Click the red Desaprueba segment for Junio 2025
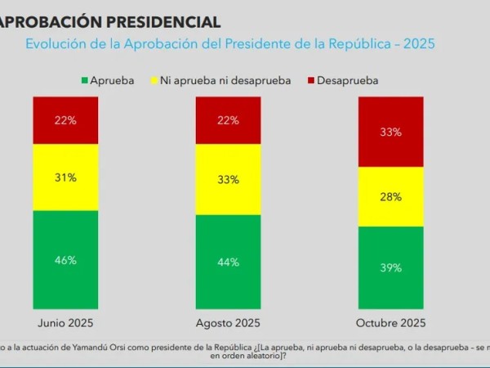click(66, 120)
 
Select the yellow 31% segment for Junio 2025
click(66, 177)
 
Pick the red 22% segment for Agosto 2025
click(229, 120)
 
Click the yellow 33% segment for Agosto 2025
click(229, 180)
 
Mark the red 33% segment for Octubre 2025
click(391, 132)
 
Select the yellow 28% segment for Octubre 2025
click(391, 196)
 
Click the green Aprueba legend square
click(84, 80)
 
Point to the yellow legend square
click(155, 80)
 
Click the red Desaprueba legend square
click(311, 80)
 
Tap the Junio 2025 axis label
click(66, 323)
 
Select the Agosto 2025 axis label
click(229, 323)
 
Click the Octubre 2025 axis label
click(391, 323)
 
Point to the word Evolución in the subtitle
click(56, 44)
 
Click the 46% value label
click(66, 261)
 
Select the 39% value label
click(391, 267)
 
